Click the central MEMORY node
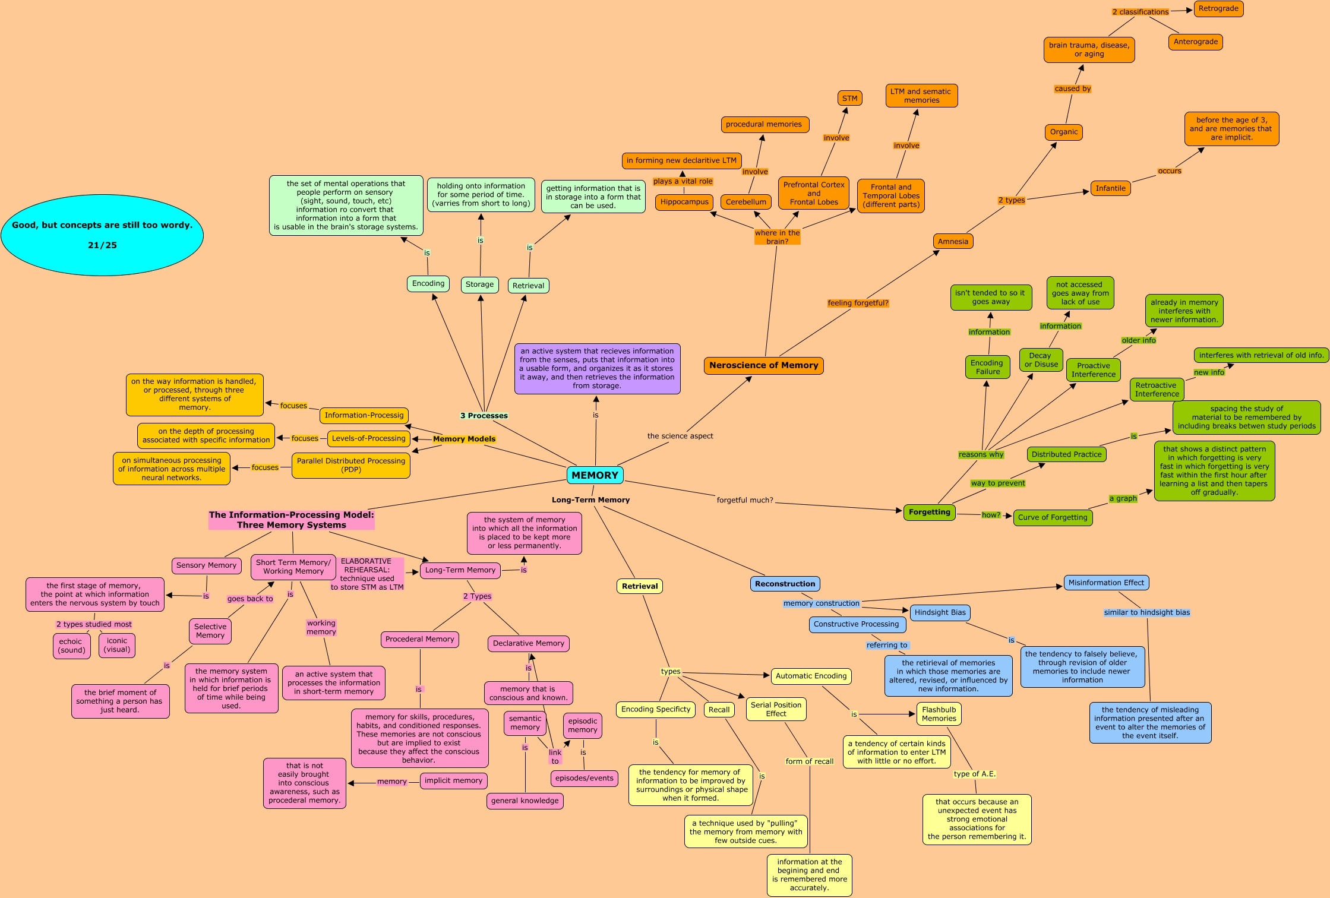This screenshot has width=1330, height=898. coord(595,475)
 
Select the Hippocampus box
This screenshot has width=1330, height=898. coord(684,202)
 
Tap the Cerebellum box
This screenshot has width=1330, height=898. coord(745,202)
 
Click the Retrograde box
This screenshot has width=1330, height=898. coord(1218,9)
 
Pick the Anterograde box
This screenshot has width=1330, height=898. coord(1195,42)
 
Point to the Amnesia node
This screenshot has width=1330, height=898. coord(953,241)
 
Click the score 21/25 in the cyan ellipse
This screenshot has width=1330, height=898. coord(102,245)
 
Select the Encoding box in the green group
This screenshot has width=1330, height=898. coord(428,283)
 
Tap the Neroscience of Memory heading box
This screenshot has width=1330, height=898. coord(763,365)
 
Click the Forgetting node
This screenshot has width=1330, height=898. coord(929,512)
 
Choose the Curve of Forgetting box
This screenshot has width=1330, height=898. coord(1053,517)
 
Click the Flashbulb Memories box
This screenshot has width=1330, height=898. coord(939,714)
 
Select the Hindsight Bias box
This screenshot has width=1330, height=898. coord(940,612)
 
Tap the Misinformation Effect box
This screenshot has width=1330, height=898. coord(1106,583)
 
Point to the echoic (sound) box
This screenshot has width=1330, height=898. coord(72,646)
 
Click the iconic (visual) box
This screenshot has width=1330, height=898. coord(117,645)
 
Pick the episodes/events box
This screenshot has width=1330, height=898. coord(584,778)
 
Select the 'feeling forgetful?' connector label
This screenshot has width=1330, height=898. coord(858,303)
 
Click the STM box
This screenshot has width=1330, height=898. coord(849,99)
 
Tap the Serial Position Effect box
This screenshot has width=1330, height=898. coord(776,709)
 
